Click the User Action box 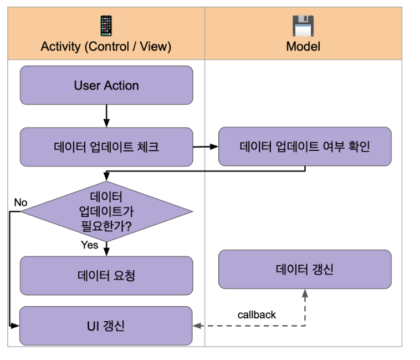(106, 85)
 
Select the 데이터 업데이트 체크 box (106, 147)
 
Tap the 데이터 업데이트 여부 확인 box (305, 146)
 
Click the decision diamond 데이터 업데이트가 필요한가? (106, 211)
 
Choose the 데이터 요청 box (106, 275)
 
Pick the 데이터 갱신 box (305, 270)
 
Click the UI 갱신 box (106, 326)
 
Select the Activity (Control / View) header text (106, 47)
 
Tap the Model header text (303, 47)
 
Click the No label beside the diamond (21, 202)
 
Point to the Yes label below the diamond (89, 245)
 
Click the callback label (257, 315)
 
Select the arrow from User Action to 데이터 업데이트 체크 (106, 116)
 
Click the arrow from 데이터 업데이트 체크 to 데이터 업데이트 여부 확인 (206, 147)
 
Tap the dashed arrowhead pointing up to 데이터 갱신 (305, 293)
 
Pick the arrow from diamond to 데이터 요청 (106, 249)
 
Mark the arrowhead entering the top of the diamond (106, 177)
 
